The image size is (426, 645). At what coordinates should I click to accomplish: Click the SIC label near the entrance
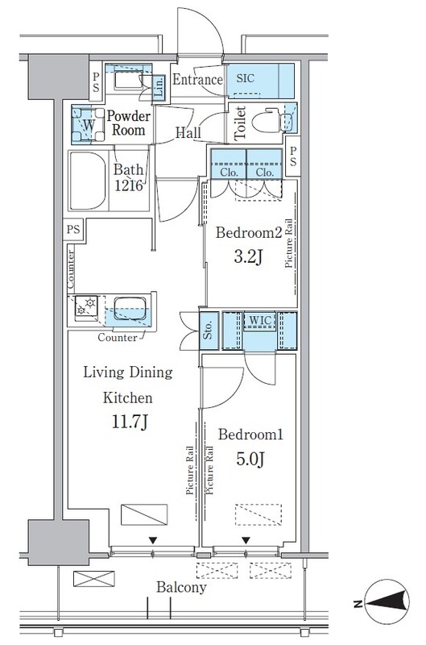246,78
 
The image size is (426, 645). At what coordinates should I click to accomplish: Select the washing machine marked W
89,124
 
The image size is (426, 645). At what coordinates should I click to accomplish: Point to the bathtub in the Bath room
88,181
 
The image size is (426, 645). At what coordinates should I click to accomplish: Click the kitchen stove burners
86,306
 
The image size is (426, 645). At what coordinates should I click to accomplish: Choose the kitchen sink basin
130,308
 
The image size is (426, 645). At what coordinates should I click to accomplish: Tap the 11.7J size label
130,422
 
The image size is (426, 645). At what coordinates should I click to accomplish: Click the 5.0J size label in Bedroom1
250,459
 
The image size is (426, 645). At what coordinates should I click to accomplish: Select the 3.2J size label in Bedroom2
248,257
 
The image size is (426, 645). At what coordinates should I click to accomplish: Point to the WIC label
260,320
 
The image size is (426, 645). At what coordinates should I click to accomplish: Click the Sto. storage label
209,330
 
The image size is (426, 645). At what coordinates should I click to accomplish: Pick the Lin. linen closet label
159,87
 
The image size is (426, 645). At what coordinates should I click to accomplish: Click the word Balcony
181,587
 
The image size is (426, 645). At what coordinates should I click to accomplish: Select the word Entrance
197,79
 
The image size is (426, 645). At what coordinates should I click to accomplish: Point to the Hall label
188,132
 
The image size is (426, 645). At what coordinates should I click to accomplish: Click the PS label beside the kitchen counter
73,229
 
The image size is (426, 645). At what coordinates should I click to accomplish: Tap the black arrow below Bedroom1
246,540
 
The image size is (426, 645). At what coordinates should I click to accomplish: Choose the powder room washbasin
129,79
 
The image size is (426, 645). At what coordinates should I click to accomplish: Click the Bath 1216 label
129,177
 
